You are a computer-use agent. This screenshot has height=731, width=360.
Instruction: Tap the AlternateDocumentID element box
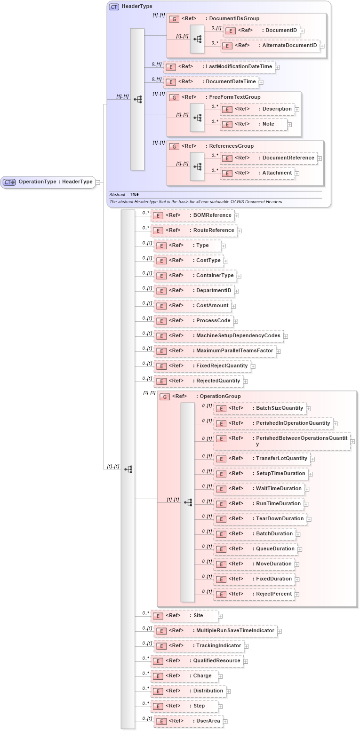click(270, 46)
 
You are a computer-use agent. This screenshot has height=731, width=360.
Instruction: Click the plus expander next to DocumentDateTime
click(261, 82)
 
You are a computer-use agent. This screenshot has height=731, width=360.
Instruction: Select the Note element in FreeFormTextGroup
click(254, 124)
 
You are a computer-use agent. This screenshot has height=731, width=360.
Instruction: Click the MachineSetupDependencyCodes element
click(219, 336)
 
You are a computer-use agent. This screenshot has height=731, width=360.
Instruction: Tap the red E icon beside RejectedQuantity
click(161, 381)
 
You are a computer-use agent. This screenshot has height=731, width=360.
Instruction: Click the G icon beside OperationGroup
click(164, 397)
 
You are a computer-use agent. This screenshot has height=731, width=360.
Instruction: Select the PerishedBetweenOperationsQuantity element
click(282, 441)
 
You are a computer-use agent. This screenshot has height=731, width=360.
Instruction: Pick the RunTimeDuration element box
click(258, 504)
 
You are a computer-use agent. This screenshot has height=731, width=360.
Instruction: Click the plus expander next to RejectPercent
click(297, 595)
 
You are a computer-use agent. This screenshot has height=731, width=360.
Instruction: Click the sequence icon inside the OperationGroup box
click(188, 502)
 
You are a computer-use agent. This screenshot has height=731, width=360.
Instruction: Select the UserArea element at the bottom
click(188, 721)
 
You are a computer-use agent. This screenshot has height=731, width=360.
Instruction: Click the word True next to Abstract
click(135, 194)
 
